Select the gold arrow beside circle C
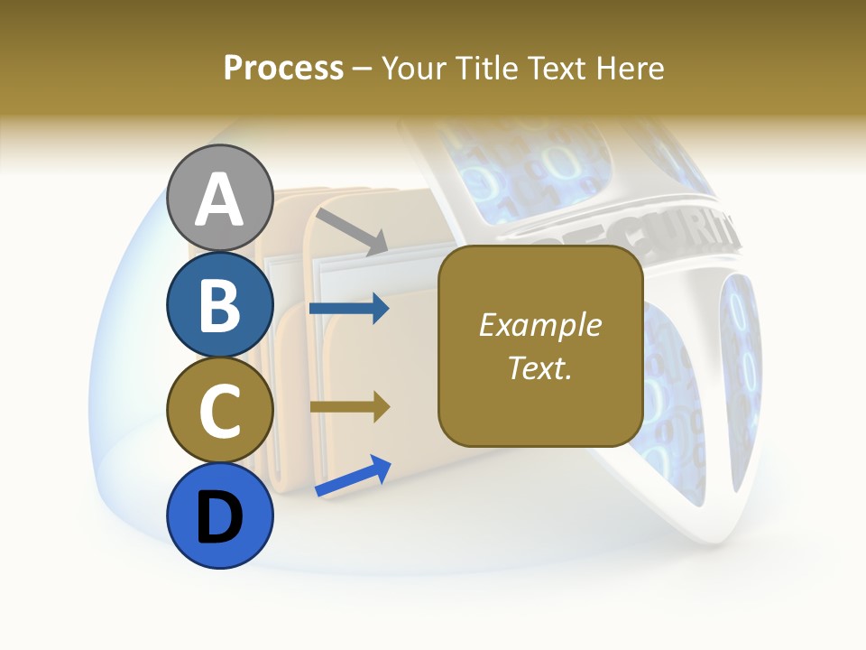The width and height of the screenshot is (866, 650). [349, 406]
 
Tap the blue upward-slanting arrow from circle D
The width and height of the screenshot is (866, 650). [353, 476]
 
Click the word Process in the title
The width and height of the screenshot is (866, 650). [283, 68]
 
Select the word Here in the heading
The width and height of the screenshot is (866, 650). [631, 68]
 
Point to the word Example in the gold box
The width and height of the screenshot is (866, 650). [540, 325]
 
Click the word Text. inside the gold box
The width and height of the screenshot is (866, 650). [540, 367]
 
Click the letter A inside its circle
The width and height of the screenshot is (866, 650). [219, 200]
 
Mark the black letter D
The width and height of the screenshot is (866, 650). [219, 518]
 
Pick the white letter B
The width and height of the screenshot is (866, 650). [219, 304]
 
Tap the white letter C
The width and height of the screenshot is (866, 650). [219, 412]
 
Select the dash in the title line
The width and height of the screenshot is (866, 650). [363, 69]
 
